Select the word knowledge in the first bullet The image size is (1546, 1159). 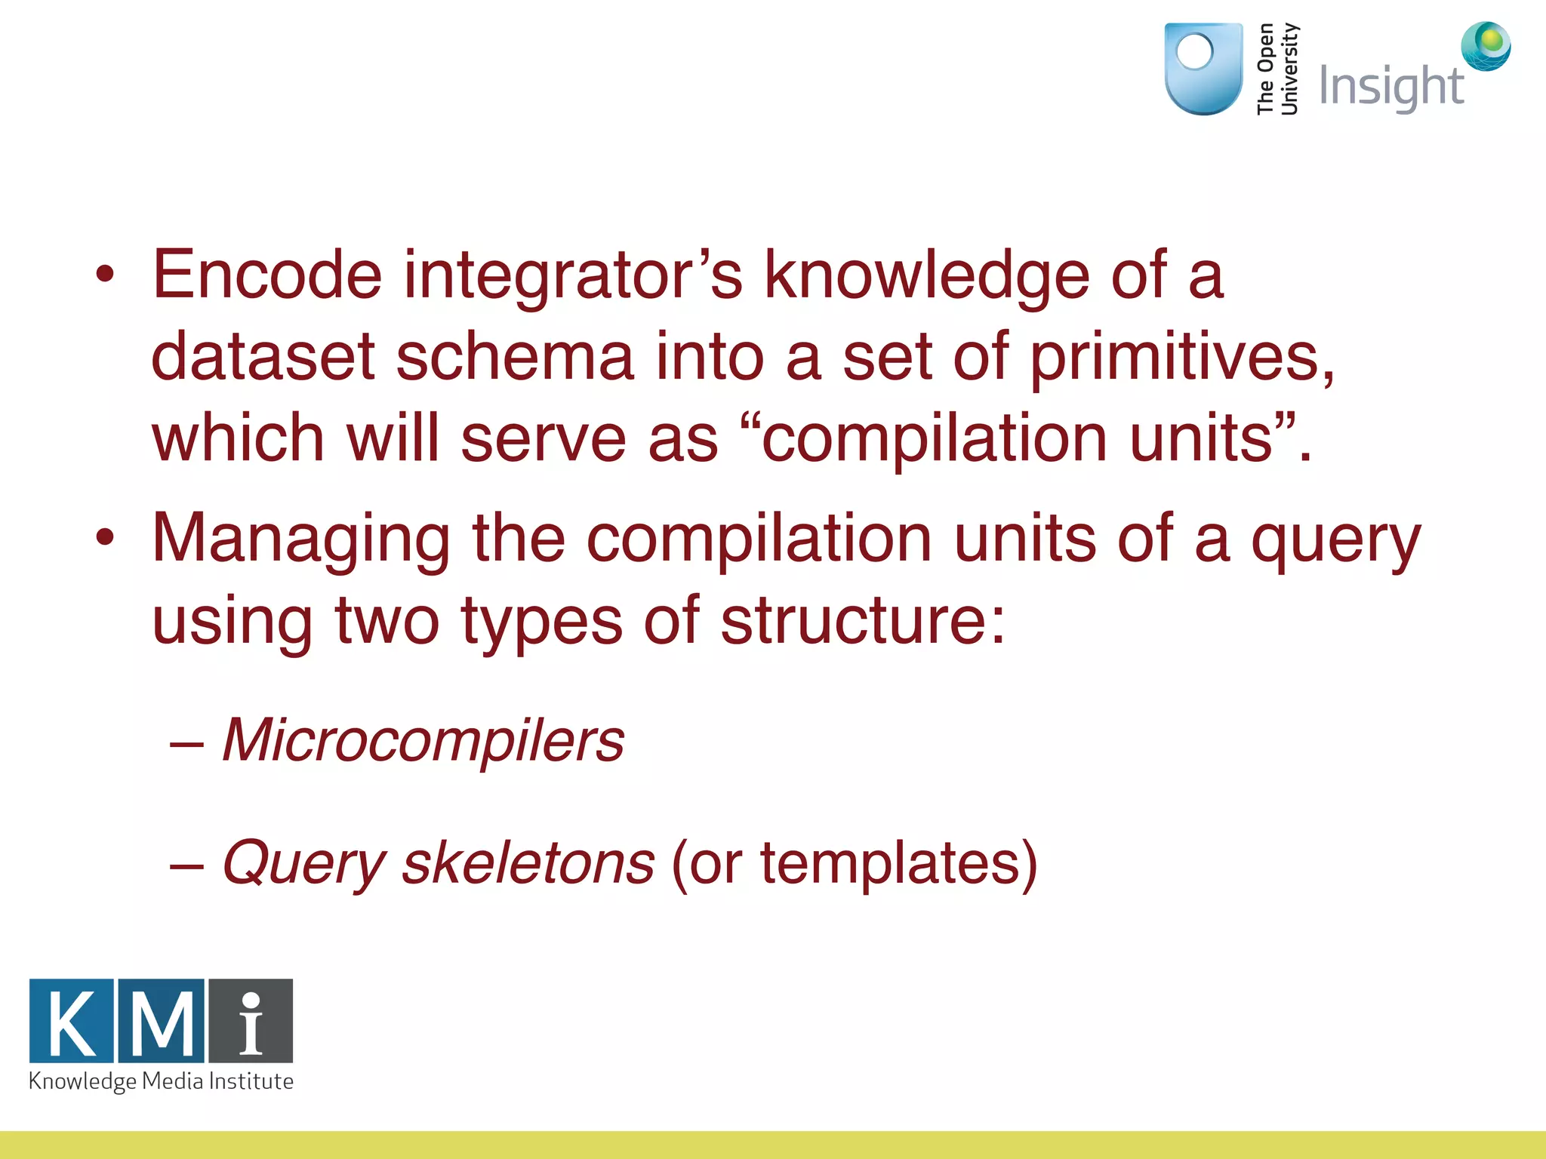(x=927, y=275)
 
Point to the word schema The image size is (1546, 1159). (x=514, y=358)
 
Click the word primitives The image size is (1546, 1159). (x=1181, y=359)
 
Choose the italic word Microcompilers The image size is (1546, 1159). (x=423, y=741)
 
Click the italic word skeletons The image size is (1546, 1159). (x=528, y=863)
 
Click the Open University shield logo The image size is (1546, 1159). (x=1203, y=69)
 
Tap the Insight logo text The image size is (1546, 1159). (x=1391, y=86)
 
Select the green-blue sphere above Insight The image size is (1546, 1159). (x=1486, y=45)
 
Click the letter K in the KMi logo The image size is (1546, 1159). (x=72, y=1021)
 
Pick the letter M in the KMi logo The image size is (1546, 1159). (x=162, y=1021)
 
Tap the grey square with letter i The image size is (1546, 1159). (x=251, y=1021)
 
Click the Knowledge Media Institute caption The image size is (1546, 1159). (x=161, y=1081)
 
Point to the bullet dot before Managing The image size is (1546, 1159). (x=105, y=538)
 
